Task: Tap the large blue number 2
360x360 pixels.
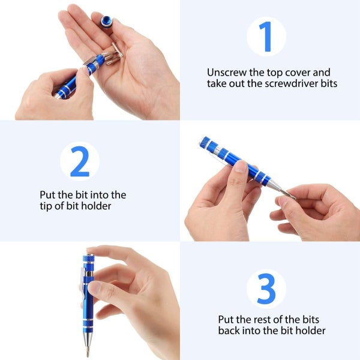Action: [79, 161]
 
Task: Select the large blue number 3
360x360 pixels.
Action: [266, 289]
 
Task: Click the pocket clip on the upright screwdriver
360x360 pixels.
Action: [84, 287]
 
